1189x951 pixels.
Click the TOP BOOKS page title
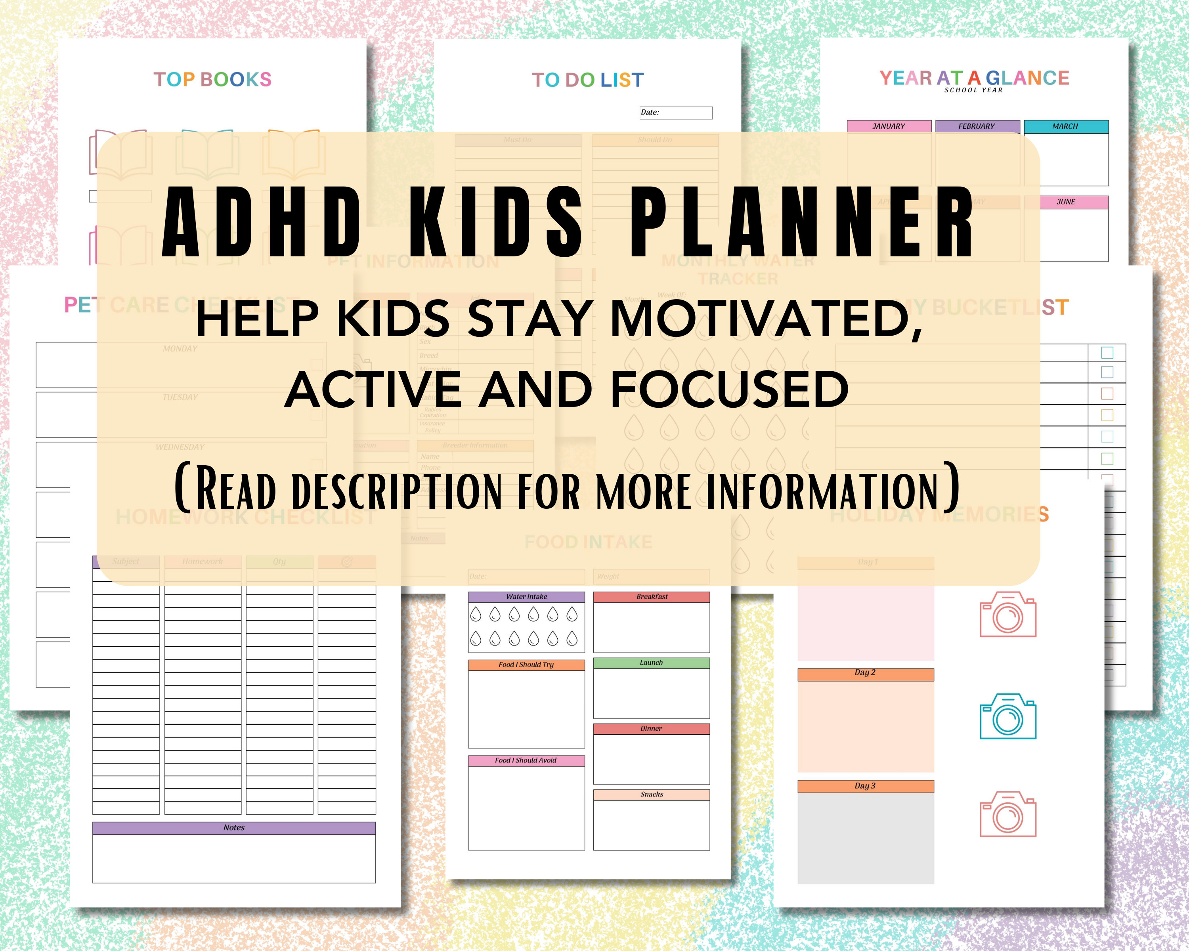click(212, 79)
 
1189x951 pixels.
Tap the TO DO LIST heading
click(587, 80)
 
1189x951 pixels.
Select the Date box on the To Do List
click(676, 113)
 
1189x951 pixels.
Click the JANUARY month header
click(889, 126)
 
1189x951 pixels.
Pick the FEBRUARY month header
click(977, 126)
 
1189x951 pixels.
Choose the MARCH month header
click(1065, 126)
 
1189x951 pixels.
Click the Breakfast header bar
click(651, 596)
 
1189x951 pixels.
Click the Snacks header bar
click(651, 794)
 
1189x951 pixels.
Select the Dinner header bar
click(651, 728)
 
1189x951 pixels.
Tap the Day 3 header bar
click(865, 786)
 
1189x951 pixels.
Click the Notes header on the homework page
click(234, 827)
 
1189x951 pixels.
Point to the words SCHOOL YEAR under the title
click(973, 90)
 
